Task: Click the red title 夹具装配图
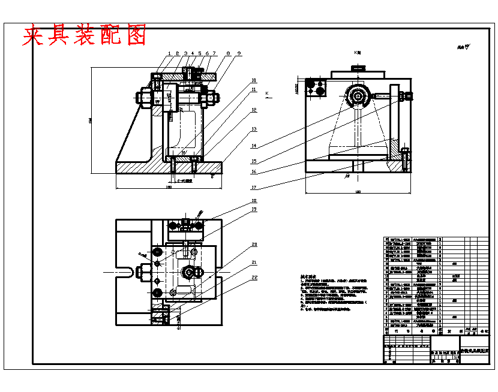point(85,35)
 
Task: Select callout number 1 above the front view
point(170,53)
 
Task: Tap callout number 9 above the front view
point(239,53)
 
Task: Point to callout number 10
point(254,80)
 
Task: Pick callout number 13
point(254,129)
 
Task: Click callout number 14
point(254,146)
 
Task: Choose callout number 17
point(254,187)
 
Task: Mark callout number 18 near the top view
point(254,200)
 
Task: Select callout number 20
point(254,245)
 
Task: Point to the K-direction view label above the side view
point(358,53)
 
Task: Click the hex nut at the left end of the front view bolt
point(146,96)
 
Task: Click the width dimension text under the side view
point(358,192)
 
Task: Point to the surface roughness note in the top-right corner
point(461,46)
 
